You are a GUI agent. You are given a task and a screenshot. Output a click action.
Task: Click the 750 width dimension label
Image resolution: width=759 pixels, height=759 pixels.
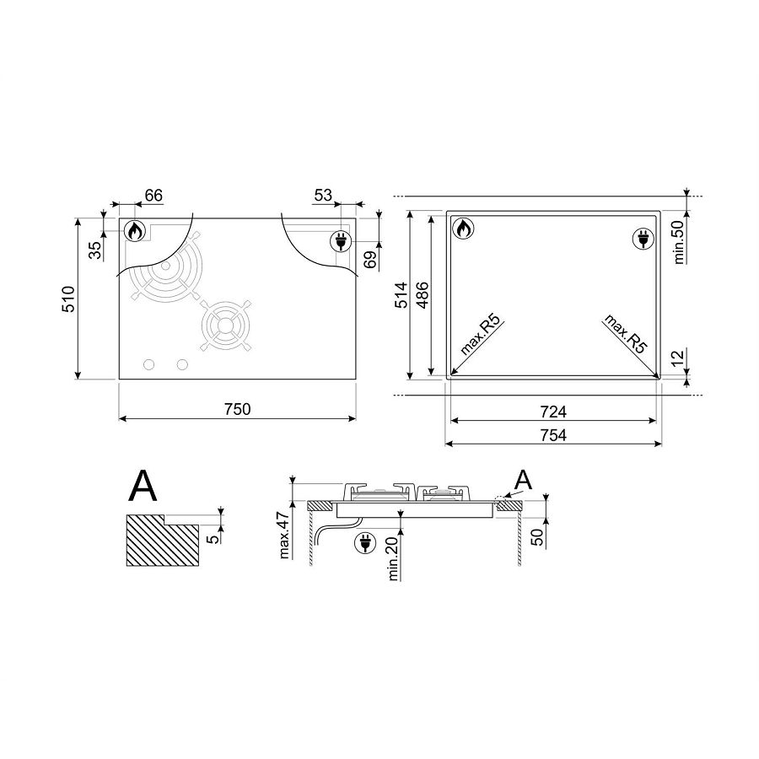pyautogui.click(x=238, y=409)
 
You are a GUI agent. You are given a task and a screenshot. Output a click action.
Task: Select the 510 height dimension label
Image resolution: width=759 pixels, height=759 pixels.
pyautogui.click(x=69, y=299)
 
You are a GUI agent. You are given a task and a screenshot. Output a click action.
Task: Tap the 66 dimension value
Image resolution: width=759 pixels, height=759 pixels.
pyautogui.click(x=153, y=196)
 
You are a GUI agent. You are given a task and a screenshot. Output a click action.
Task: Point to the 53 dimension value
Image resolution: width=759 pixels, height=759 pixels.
pyautogui.click(x=323, y=195)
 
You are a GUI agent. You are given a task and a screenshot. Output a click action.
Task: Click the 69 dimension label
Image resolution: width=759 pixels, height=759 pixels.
pyautogui.click(x=370, y=260)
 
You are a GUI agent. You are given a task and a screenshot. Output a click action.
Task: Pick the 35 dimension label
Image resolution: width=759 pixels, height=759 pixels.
pyautogui.click(x=95, y=250)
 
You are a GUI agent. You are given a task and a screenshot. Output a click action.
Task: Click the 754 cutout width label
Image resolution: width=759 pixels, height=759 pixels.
pyautogui.click(x=552, y=435)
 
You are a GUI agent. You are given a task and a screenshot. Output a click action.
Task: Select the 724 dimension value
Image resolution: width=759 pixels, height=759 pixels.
pyautogui.click(x=552, y=412)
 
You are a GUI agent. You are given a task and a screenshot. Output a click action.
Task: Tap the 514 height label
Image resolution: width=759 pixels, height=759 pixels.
pyautogui.click(x=401, y=295)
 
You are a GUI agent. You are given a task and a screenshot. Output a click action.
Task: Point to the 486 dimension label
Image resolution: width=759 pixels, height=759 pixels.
pyautogui.click(x=423, y=295)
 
